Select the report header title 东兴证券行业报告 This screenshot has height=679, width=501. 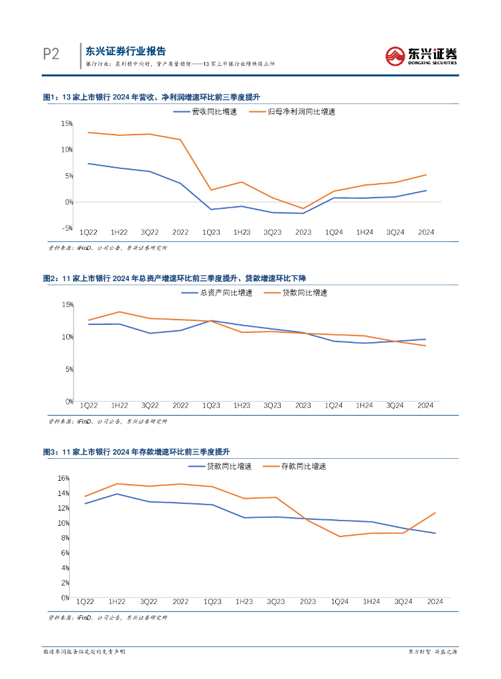point(126,51)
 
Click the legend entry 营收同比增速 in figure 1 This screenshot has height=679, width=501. point(199,111)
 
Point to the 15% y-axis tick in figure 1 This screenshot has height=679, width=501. point(66,124)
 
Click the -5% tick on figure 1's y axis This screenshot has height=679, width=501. point(66,227)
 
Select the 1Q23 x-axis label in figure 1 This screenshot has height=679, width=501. point(211,232)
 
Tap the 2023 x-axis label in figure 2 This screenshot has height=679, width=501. point(303,405)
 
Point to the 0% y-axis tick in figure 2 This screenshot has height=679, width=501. point(68,401)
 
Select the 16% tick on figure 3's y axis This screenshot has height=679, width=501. point(64,478)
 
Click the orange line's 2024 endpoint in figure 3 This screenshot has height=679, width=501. point(435,513)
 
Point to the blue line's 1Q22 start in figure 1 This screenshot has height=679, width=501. point(88,164)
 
